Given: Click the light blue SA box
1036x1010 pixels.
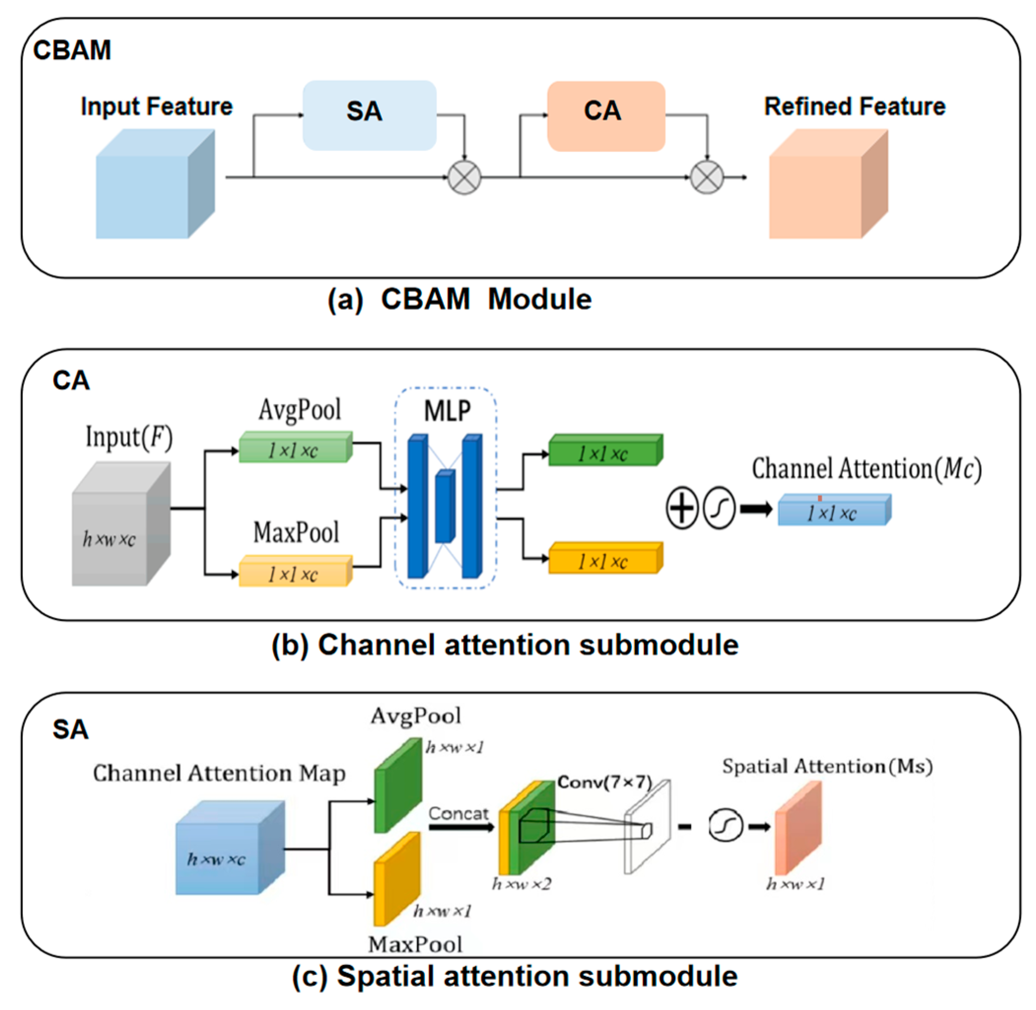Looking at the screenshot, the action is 369,115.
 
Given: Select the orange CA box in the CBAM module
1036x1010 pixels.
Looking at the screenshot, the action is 606,116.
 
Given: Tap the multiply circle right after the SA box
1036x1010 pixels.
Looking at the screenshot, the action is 464,177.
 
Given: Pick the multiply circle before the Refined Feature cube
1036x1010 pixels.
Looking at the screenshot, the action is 706,177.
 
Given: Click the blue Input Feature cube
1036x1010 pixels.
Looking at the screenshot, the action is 155,184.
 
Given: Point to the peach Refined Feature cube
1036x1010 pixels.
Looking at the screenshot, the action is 828,184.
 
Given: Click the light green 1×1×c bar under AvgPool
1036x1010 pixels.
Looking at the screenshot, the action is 296,447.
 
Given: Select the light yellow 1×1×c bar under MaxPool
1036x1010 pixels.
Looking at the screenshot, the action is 296,570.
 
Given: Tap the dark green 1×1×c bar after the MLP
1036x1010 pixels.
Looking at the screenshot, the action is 605,450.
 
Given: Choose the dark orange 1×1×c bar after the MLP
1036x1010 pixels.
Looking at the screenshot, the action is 605,558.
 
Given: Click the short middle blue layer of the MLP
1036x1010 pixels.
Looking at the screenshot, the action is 445,506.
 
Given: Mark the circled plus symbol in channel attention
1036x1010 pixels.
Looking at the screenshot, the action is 682,507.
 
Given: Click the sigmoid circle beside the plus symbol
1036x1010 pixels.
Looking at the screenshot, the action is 719,507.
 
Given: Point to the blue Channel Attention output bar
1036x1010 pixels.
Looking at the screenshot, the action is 835,510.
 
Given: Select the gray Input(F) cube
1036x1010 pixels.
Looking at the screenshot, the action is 121,524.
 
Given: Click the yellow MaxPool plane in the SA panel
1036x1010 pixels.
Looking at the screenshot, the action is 397,879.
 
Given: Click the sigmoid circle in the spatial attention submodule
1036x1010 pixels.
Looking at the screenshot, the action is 725,825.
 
